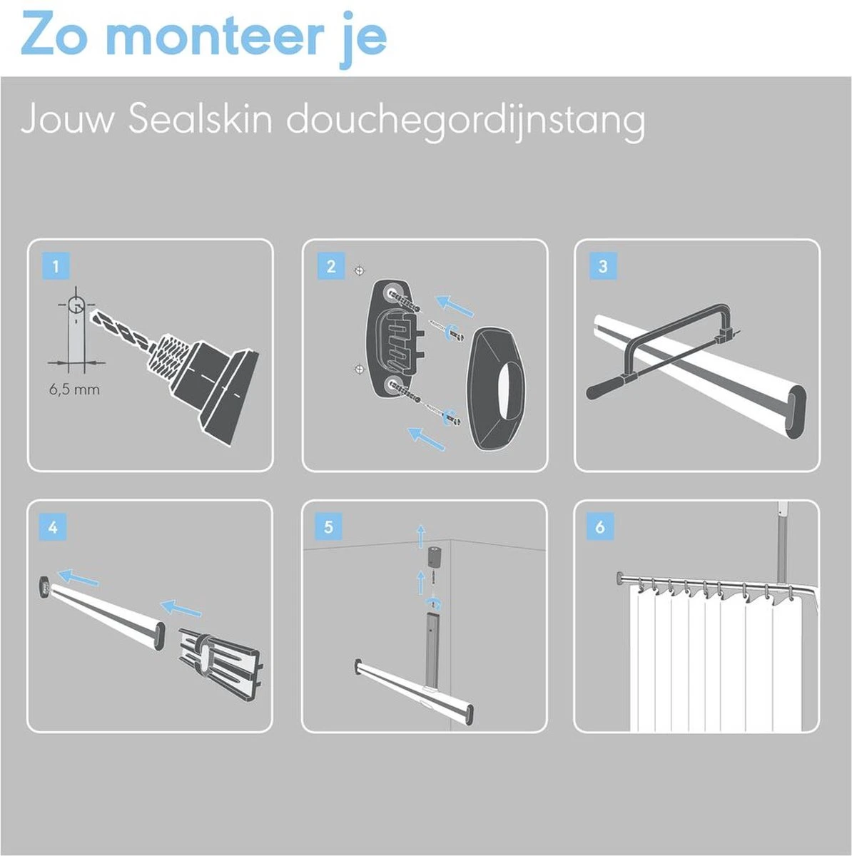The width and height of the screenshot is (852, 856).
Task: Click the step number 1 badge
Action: click(x=56, y=267)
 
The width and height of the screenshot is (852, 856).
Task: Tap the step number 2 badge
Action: click(x=330, y=267)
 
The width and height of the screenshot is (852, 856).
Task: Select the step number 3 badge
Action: click(x=603, y=267)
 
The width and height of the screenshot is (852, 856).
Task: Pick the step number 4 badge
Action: click(x=54, y=528)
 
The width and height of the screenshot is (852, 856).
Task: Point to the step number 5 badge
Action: click(x=328, y=528)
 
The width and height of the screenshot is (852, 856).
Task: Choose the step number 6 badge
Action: click(x=600, y=528)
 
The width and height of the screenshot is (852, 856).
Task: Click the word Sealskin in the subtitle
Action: click(x=201, y=120)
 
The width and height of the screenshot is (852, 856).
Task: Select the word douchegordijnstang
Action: click(x=466, y=120)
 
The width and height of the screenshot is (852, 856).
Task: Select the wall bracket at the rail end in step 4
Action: click(x=44, y=586)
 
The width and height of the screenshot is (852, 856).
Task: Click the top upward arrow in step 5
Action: click(x=420, y=533)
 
